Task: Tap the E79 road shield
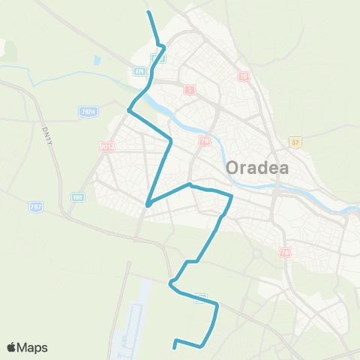coord(139,71)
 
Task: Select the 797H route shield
coord(87,112)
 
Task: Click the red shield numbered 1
coord(189,90)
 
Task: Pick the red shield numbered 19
coord(243,76)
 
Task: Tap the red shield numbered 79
coord(204,140)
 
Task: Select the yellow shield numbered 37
coord(295,142)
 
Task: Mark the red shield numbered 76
coord(284,253)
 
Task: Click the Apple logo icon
coord(11,347)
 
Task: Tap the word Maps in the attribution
coord(33,347)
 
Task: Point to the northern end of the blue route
coord(148,13)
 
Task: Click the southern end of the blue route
coord(175,347)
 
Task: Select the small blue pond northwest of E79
coord(97,61)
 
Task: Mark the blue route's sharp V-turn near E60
coord(148,203)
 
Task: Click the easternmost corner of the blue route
coord(232,196)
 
